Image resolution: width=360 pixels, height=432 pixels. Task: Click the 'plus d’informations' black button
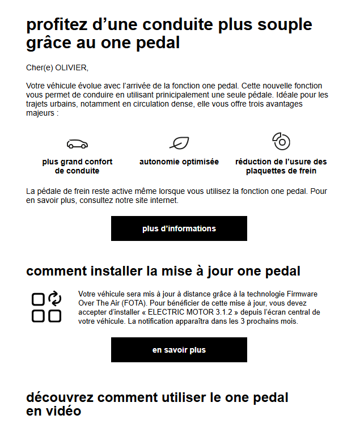pyautogui.click(x=179, y=228)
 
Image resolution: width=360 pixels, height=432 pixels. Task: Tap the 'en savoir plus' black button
pyautogui.click(x=179, y=350)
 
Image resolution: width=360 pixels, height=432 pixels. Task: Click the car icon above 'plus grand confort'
pyautogui.click(x=77, y=143)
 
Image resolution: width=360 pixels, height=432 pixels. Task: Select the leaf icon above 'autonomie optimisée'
pyautogui.click(x=179, y=143)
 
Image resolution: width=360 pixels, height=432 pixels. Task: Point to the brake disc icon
pyautogui.click(x=281, y=141)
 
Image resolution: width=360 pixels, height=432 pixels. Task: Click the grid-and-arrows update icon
pyautogui.click(x=46, y=307)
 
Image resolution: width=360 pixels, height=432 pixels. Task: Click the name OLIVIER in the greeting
pyautogui.click(x=71, y=68)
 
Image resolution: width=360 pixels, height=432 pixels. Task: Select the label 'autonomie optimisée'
pyautogui.click(x=179, y=162)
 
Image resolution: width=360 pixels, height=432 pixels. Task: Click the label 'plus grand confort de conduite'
pyautogui.click(x=77, y=166)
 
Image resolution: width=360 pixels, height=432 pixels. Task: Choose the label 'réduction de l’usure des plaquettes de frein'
pyautogui.click(x=281, y=166)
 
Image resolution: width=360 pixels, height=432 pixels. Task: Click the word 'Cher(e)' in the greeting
pyautogui.click(x=39, y=68)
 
